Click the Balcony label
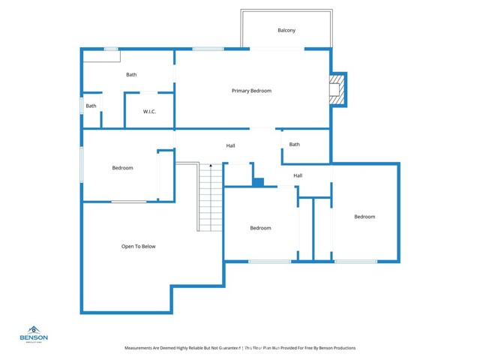tap(286, 30)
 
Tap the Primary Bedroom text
tap(251, 91)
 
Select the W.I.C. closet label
tap(149, 112)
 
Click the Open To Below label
tap(139, 246)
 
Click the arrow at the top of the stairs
tap(211, 165)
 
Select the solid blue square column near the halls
tap(258, 181)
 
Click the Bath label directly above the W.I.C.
tap(131, 74)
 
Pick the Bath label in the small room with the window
tap(91, 106)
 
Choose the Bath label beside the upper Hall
tap(295, 144)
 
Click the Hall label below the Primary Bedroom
tap(231, 145)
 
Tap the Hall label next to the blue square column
tap(298, 175)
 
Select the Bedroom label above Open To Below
tap(122, 168)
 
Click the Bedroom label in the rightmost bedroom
tap(364, 217)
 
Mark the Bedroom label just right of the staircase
tap(260, 228)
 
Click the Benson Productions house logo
tap(34, 329)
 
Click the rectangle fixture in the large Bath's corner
tap(96, 56)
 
